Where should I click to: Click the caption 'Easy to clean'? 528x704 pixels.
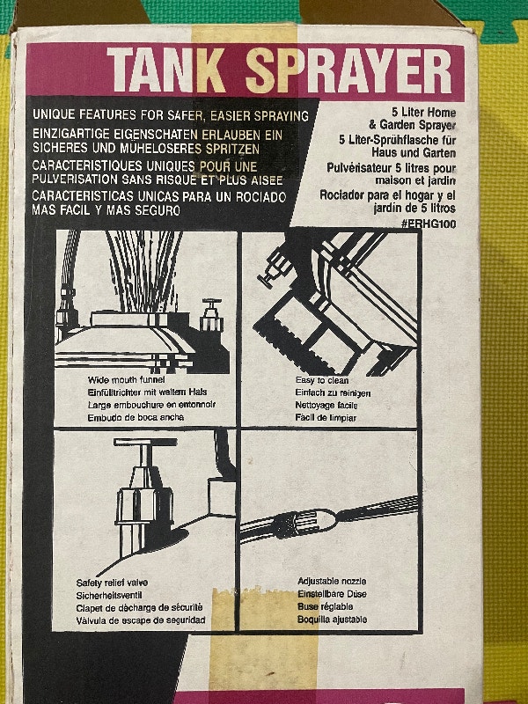(x=323, y=378)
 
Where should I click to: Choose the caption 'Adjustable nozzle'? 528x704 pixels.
(x=334, y=582)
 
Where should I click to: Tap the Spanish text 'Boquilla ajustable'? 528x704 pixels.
(x=332, y=620)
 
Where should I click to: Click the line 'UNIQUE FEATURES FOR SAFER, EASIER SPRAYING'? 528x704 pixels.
(x=170, y=115)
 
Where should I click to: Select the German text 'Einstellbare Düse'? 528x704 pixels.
(x=332, y=595)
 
